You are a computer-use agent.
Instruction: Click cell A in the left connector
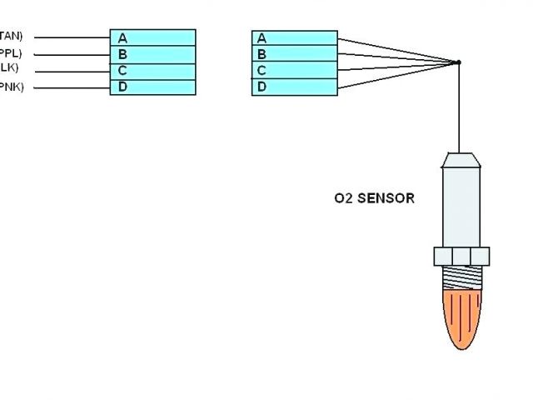point(152,37)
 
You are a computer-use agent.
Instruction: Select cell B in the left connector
point(152,54)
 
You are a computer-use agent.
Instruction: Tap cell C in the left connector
point(152,71)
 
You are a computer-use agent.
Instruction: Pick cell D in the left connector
point(152,87)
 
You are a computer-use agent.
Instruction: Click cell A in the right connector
point(294,38)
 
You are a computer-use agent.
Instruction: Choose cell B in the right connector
point(294,55)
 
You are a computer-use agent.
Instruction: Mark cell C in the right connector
point(294,71)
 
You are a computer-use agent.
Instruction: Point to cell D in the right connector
point(294,87)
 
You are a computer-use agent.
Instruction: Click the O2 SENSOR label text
point(374,199)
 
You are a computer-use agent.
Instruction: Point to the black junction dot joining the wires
point(458,62)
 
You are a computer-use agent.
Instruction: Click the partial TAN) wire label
point(12,36)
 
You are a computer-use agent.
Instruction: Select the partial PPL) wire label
point(11,52)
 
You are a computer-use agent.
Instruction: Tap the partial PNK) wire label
point(12,88)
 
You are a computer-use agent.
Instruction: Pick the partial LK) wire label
point(9,68)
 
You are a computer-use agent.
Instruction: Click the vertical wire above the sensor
point(458,108)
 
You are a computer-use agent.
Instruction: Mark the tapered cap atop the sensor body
point(459,158)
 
